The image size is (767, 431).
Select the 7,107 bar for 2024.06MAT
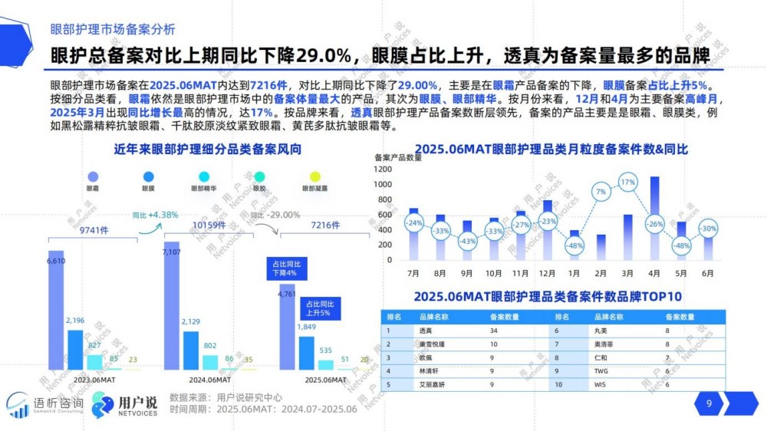(x=171, y=307)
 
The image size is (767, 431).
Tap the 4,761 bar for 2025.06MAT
(x=286, y=330)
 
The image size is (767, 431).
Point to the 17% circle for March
(x=627, y=182)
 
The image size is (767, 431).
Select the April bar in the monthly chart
(x=654, y=218)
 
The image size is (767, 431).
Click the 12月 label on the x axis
(x=545, y=273)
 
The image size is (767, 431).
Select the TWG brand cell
(x=601, y=370)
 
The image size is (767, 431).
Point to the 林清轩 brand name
(x=430, y=370)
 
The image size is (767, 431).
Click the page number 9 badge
(x=709, y=403)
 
